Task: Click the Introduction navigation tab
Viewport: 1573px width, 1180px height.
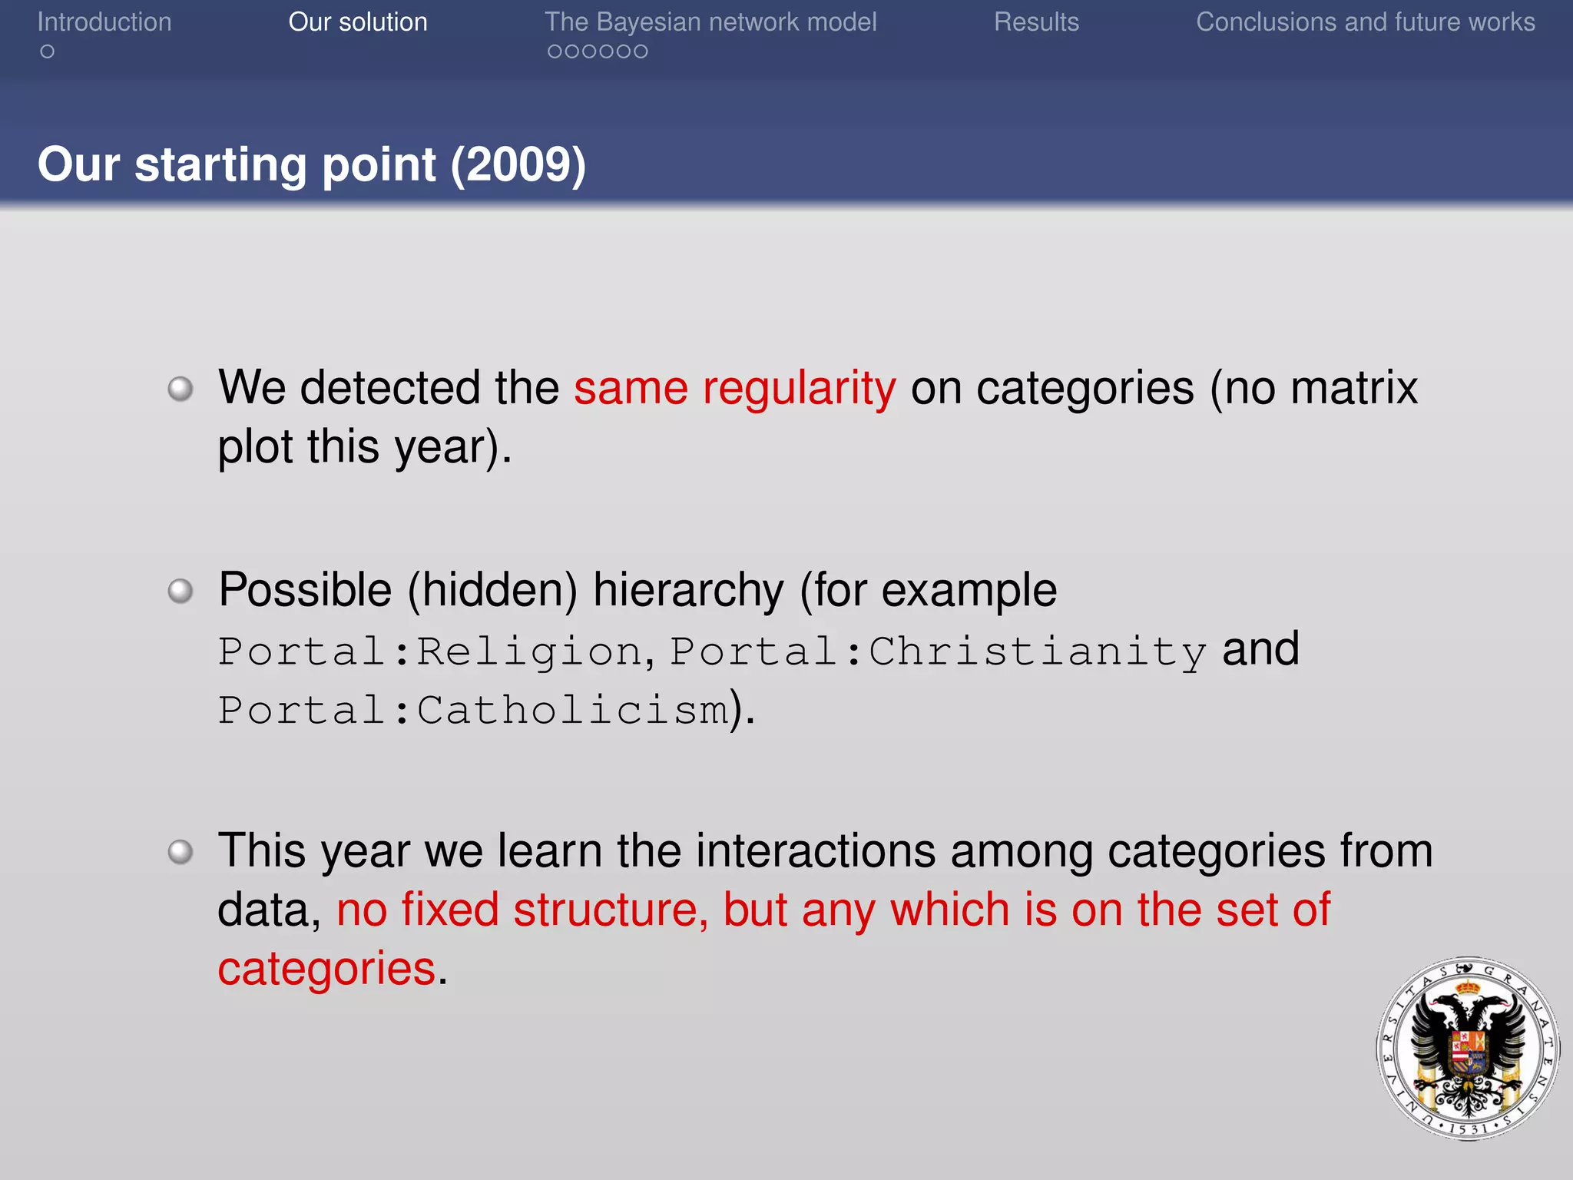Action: point(104,22)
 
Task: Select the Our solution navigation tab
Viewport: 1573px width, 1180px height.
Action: point(358,22)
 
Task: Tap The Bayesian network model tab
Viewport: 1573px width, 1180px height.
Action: point(710,22)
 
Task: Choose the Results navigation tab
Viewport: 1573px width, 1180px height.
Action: point(1036,22)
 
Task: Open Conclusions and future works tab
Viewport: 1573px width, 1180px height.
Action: point(1366,22)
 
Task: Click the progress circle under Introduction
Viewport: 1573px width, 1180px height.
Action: point(48,51)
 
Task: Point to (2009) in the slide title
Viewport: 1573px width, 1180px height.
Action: point(518,164)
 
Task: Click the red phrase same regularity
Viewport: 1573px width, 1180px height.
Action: point(735,387)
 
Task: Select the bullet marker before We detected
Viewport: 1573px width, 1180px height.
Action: point(180,389)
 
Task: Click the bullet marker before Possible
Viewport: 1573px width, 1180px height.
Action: point(180,591)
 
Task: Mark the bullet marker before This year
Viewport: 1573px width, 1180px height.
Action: point(180,852)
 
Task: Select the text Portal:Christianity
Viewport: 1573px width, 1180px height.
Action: point(938,651)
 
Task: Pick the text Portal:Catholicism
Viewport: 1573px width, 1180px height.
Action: point(473,709)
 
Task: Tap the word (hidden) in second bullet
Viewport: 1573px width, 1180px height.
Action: point(492,590)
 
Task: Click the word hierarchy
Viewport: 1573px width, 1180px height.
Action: point(689,590)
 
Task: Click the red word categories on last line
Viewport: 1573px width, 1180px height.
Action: point(327,968)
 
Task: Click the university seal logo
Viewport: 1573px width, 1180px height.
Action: point(1468,1048)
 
